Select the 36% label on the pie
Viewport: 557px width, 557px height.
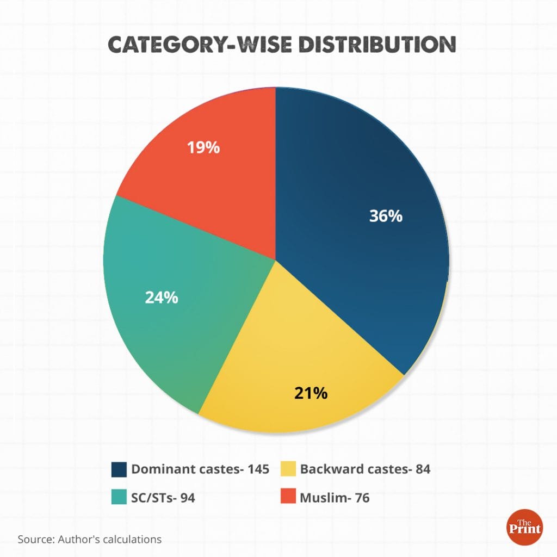coord(386,216)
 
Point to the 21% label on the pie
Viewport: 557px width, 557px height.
coord(311,393)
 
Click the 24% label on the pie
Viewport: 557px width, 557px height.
coord(161,298)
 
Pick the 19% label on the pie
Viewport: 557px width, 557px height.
coord(203,147)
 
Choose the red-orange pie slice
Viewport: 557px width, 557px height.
coord(218,180)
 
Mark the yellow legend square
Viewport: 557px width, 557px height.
coord(288,469)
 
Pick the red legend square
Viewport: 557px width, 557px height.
coord(288,497)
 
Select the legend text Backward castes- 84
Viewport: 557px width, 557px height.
coord(365,469)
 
